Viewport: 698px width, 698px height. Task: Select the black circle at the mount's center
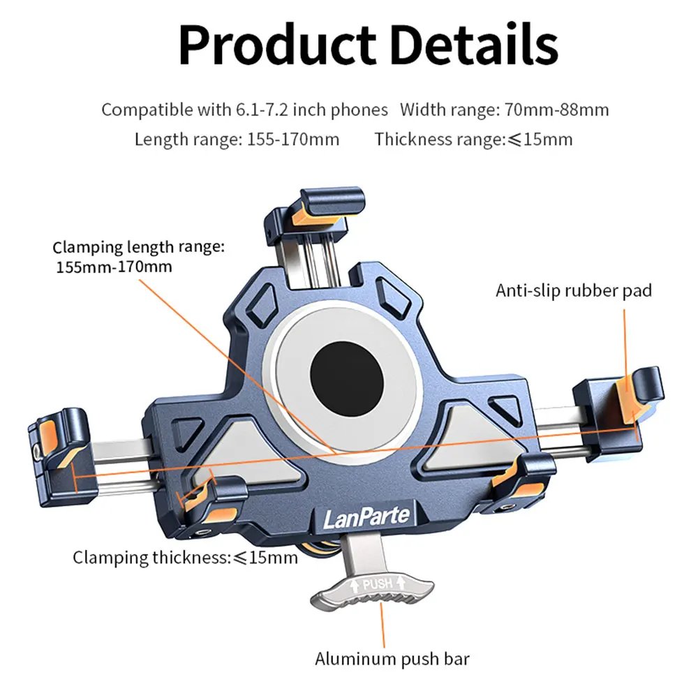[x=347, y=380]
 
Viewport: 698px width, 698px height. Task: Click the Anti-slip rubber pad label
[x=574, y=290]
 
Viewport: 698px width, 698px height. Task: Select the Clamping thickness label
[x=185, y=557]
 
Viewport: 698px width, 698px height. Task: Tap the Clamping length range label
[x=139, y=256]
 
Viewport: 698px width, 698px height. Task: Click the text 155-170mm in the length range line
[x=293, y=139]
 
